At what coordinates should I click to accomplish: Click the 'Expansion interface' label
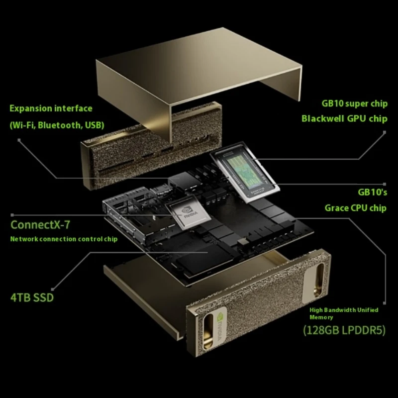click(51, 108)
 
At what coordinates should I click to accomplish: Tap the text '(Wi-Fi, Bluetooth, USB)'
click(57, 125)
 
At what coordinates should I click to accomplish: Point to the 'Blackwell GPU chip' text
click(344, 119)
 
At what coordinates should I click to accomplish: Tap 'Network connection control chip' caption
click(64, 239)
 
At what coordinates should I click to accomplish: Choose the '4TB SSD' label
click(32, 298)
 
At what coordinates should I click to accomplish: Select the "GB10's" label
click(372, 192)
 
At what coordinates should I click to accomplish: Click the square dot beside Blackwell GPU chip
click(385, 132)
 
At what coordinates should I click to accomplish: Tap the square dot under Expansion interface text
click(19, 140)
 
